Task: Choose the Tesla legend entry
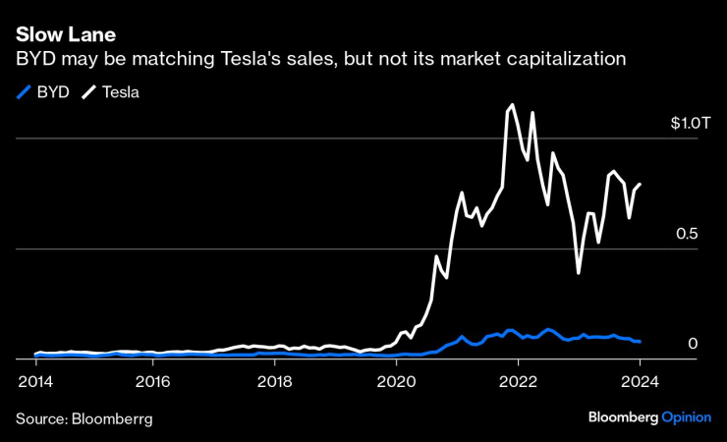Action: click(114, 93)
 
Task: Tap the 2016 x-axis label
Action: click(152, 382)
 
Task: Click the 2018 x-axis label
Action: click(274, 382)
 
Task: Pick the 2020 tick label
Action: click(396, 382)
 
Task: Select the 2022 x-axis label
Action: click(518, 382)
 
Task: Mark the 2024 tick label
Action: click(640, 382)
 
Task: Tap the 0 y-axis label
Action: click(692, 344)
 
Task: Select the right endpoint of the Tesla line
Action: click(641, 184)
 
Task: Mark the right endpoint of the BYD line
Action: click(641, 342)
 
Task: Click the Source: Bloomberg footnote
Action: click(84, 418)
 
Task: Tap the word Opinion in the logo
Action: click(686, 417)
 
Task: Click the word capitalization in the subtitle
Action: click(567, 59)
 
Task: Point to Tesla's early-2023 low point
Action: click(579, 272)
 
